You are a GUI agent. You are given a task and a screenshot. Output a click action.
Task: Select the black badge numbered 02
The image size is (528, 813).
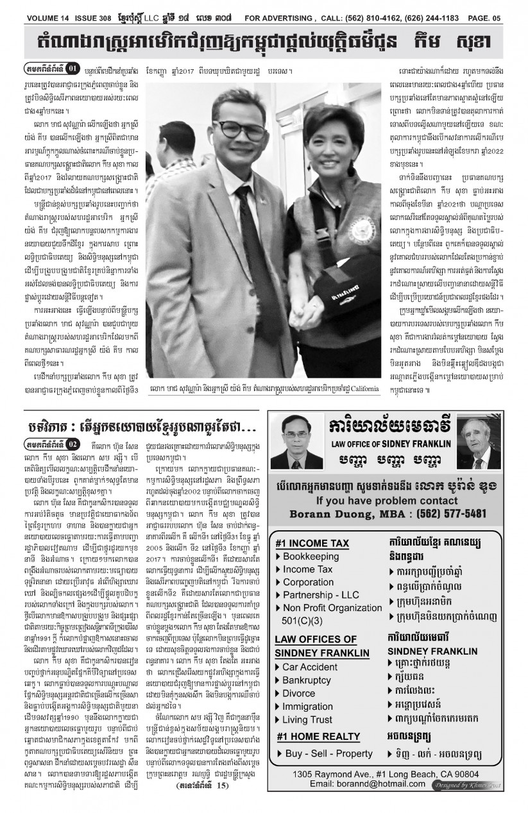(x=73, y=443)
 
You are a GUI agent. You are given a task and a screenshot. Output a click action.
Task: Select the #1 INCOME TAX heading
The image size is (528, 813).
(x=312, y=544)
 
